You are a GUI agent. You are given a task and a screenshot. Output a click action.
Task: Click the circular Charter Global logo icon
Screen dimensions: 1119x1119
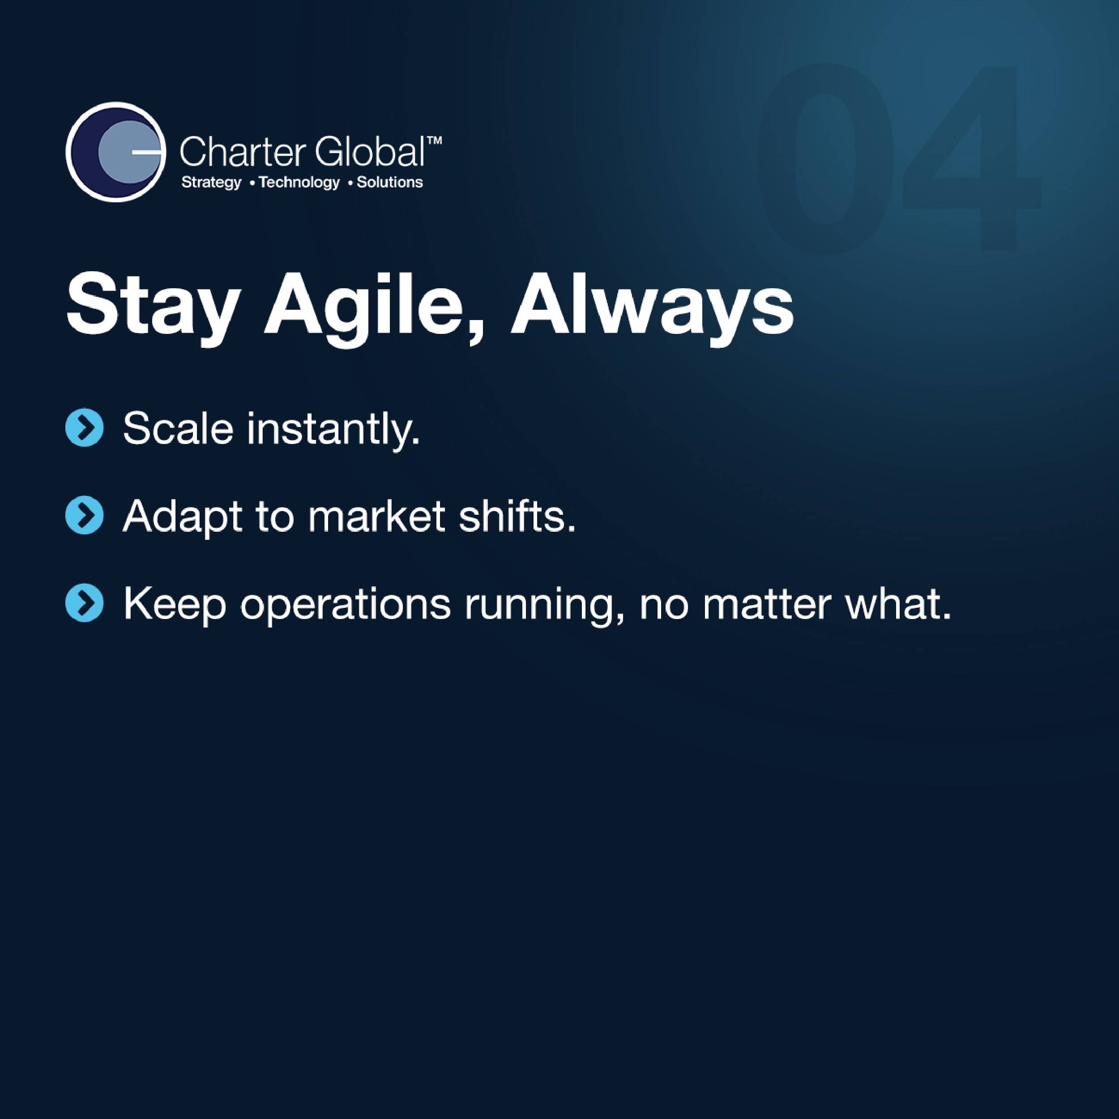pyautogui.click(x=115, y=152)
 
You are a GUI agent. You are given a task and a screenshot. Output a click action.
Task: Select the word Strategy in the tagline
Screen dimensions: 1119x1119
pyautogui.click(x=211, y=183)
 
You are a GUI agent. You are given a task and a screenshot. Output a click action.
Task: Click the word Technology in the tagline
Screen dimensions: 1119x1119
pyautogui.click(x=299, y=183)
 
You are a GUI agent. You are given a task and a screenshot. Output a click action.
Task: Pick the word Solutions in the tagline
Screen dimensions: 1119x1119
pyautogui.click(x=390, y=183)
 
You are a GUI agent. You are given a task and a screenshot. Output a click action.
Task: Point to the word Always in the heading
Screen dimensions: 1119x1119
pyautogui.click(x=652, y=308)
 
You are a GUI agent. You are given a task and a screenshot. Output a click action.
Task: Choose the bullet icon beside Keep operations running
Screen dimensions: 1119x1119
pyautogui.click(x=85, y=603)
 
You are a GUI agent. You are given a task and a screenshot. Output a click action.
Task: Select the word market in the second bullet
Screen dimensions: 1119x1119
pyautogui.click(x=376, y=516)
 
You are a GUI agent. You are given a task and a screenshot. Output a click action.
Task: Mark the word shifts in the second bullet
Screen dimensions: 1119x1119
pyautogui.click(x=517, y=516)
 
